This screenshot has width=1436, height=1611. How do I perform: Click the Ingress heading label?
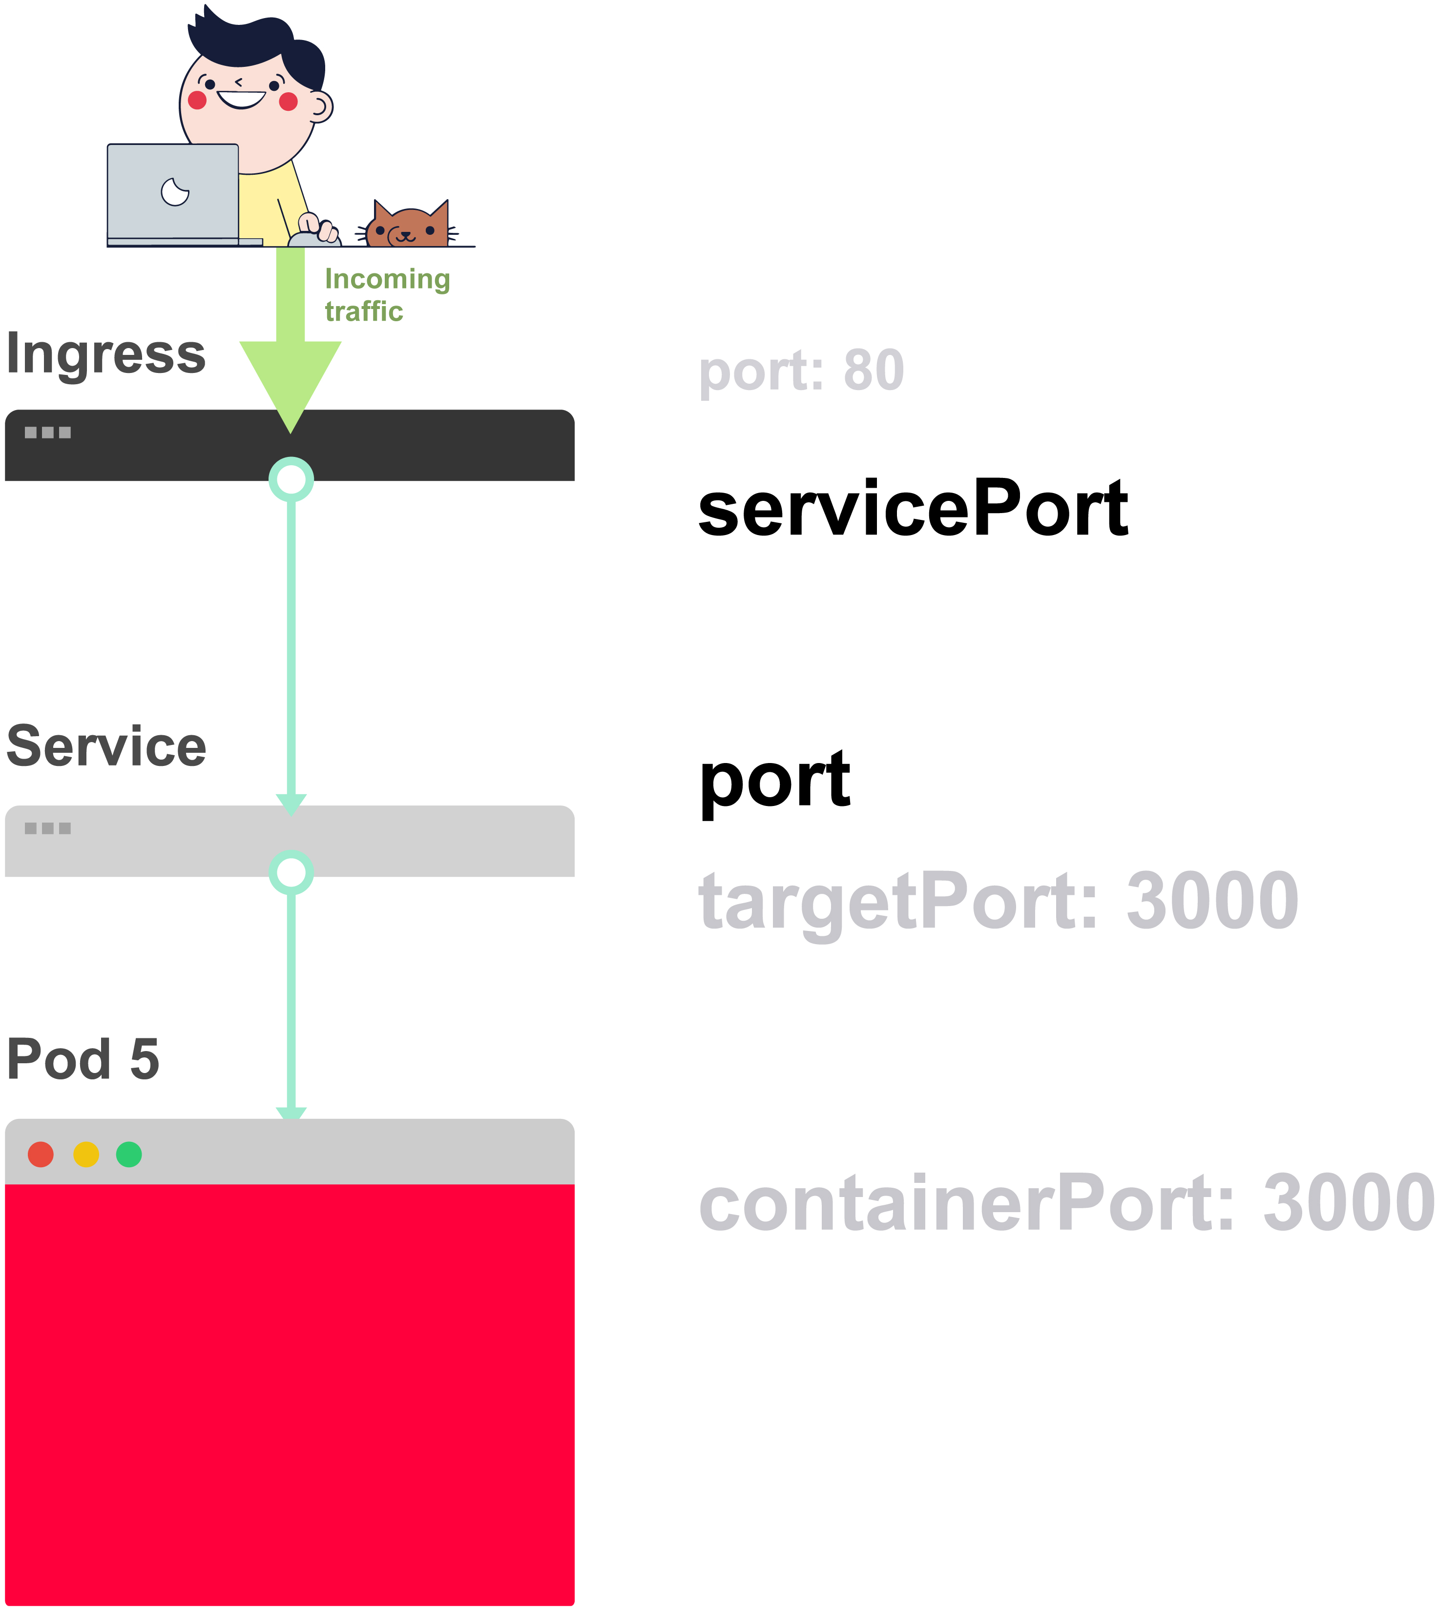coord(106,355)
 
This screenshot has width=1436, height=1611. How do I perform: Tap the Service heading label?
coord(106,746)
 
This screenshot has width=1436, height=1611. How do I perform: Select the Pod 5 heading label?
coord(83,1059)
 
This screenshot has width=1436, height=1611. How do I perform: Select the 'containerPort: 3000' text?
coord(1065,1202)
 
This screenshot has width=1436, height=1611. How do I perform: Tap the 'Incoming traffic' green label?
coord(387,295)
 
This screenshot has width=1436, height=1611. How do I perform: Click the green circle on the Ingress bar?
coord(291,479)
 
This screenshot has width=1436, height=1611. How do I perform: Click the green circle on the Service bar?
coord(291,872)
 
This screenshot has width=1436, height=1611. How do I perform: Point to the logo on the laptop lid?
coord(174,191)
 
